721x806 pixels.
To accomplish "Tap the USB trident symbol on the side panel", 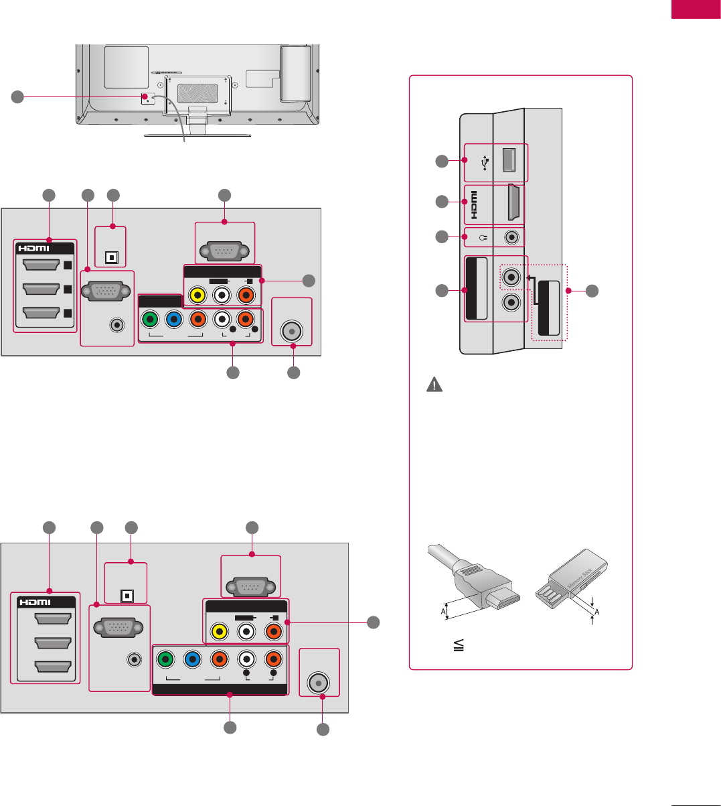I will pos(485,163).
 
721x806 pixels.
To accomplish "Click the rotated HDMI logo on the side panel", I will pos(474,201).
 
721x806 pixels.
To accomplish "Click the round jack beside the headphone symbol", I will pos(512,237).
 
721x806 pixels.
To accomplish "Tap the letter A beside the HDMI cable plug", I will pos(443,611).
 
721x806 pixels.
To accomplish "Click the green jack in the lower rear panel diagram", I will pos(165,659).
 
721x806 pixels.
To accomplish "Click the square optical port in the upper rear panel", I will pos(112,257).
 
